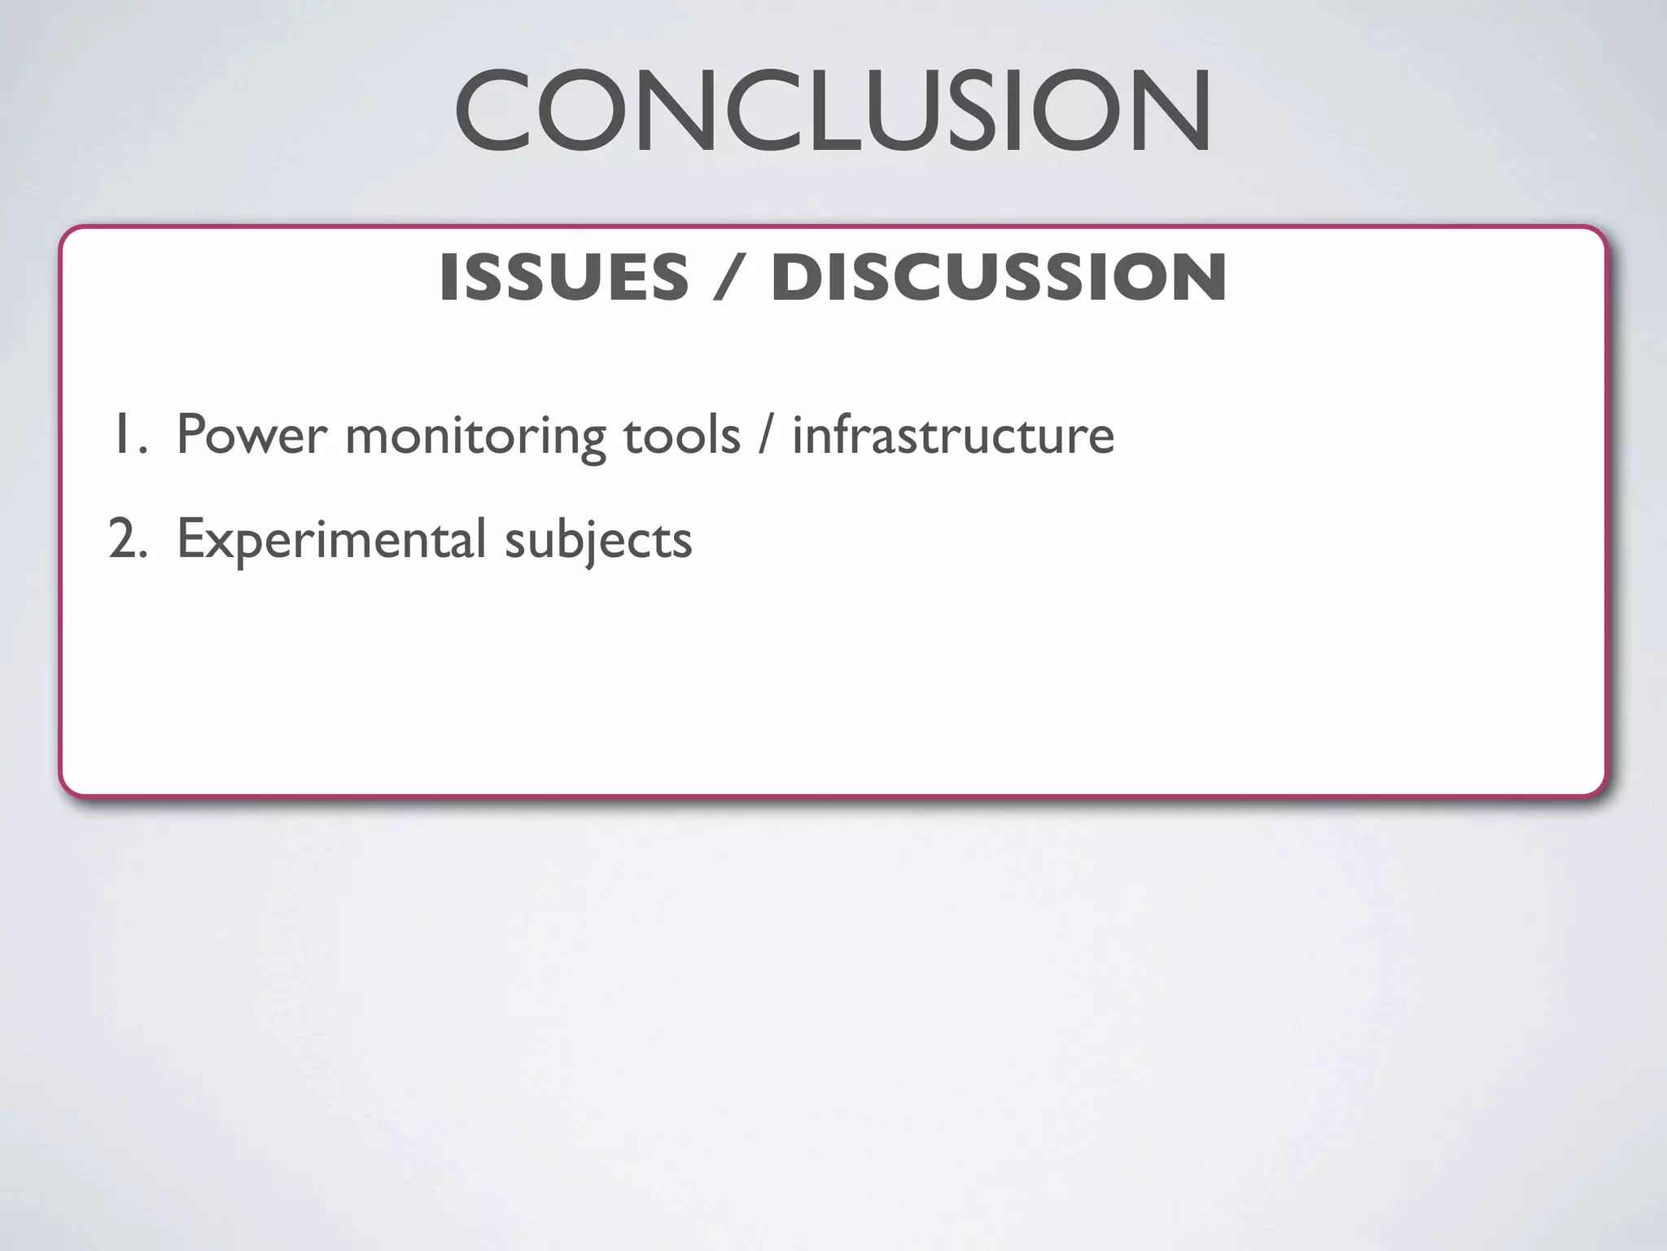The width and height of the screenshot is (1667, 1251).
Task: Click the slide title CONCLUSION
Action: coord(833,112)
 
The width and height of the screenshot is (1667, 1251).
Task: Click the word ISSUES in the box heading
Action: coord(563,278)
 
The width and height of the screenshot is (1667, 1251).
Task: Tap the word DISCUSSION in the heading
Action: coord(999,278)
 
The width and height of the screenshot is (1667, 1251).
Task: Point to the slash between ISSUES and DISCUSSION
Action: coord(729,278)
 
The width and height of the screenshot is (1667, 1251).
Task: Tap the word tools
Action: coord(681,436)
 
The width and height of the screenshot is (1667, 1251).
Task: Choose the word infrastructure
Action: coord(953,436)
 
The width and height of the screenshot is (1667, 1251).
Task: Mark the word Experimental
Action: coord(331,540)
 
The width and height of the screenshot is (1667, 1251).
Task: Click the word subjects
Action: coord(598,540)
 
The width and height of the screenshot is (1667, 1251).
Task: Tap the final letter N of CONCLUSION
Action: coord(1170,112)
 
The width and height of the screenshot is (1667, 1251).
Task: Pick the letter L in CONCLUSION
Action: coord(829,112)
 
